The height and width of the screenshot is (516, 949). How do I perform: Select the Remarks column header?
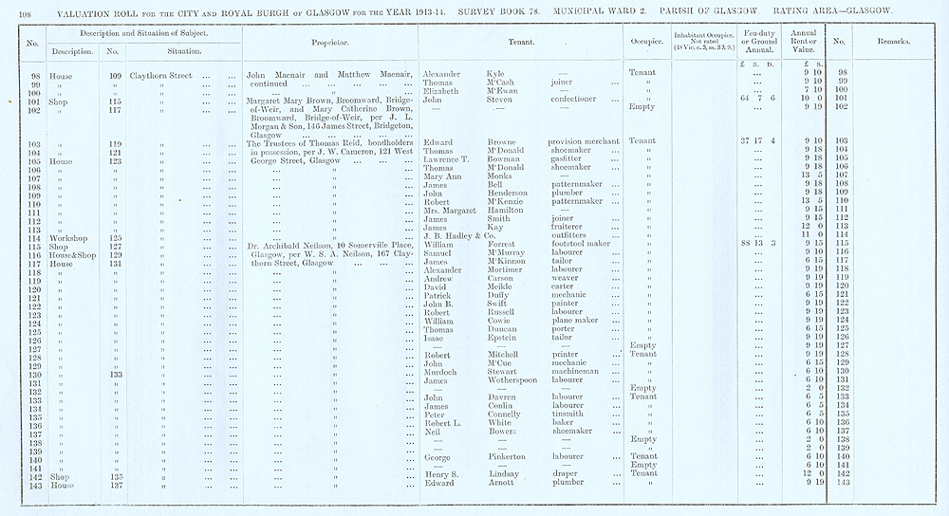[x=900, y=43]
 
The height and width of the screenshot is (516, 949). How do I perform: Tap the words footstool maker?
[x=585, y=245]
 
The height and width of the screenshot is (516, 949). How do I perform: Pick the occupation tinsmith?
[x=568, y=414]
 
